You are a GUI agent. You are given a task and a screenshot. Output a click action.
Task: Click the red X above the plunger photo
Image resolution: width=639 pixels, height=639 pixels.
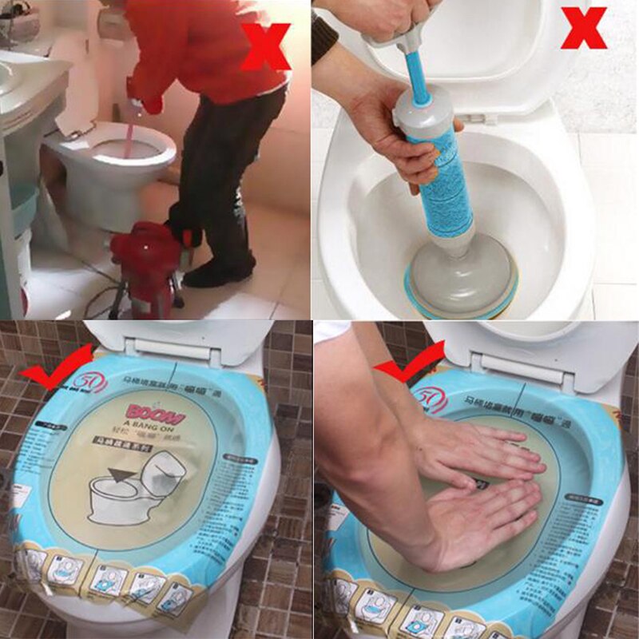click(584, 28)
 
